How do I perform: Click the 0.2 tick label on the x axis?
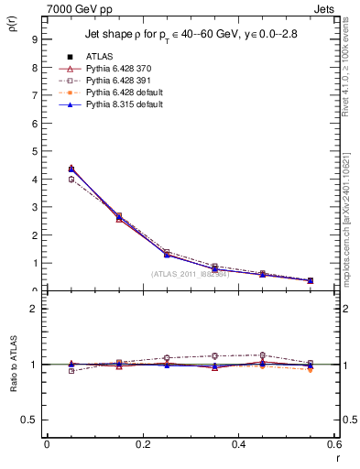coord(142,444)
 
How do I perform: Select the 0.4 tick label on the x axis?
coord(238,444)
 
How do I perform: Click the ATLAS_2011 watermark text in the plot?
coord(190,274)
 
